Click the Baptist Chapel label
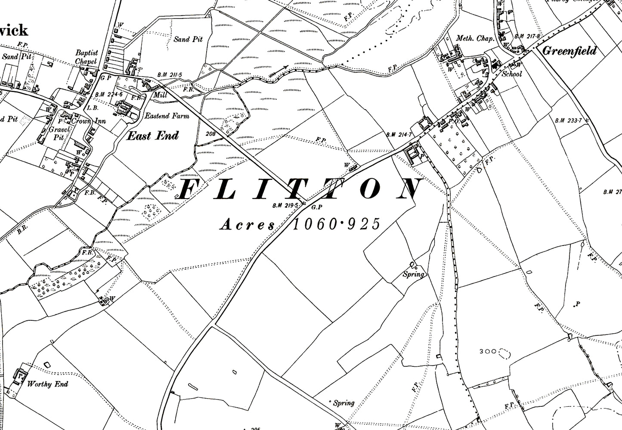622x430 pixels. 87,57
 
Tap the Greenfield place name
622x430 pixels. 569,51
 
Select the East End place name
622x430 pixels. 152,136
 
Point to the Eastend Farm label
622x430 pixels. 167,116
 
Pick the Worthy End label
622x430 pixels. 47,384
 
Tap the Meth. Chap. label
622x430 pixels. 475,39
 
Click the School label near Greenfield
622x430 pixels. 512,74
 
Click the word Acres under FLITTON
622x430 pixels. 247,224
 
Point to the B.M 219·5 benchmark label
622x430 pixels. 285,206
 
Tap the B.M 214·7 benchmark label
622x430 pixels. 400,135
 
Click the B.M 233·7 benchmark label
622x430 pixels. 568,120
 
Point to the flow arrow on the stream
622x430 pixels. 279,71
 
